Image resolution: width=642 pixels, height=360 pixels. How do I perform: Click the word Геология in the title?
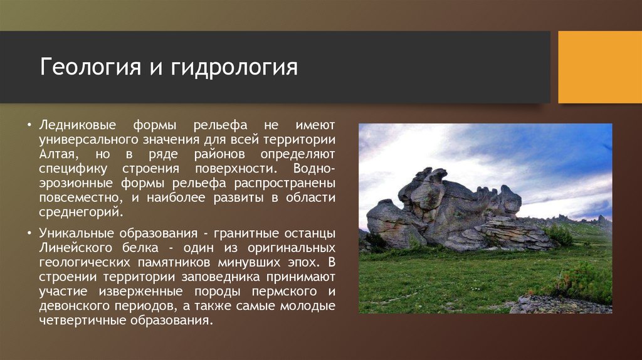[90, 67]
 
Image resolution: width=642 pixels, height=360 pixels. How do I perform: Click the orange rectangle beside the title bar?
[600, 67]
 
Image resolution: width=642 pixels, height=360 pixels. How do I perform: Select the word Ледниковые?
[78, 125]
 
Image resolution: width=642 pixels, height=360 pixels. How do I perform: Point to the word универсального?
[89, 140]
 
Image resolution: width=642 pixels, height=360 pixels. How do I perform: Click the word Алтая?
[58, 154]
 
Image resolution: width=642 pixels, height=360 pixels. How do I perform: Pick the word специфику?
[73, 169]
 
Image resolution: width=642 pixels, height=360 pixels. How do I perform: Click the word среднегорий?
[81, 212]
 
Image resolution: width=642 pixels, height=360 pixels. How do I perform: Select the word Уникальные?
[77, 233]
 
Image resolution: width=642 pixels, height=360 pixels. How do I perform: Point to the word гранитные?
[241, 233]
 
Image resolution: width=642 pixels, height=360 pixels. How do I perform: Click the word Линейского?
[75, 248]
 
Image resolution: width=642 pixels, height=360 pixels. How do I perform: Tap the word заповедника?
[221, 277]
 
